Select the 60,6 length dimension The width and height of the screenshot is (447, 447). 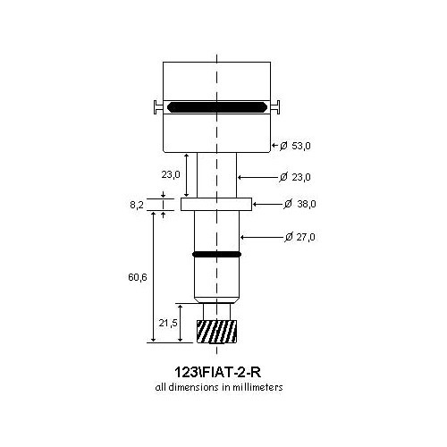(138, 278)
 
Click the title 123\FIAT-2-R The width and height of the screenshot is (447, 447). (216, 371)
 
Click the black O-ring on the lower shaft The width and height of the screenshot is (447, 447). (215, 254)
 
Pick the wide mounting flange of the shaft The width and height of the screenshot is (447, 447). (216, 205)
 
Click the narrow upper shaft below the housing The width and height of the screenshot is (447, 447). (216, 174)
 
